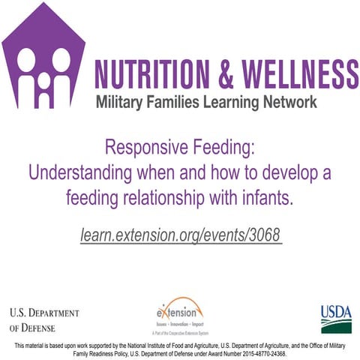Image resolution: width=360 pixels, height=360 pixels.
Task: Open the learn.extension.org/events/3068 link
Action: pyautogui.click(x=180, y=235)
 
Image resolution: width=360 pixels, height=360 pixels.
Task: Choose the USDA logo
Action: pyautogui.click(x=335, y=318)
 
